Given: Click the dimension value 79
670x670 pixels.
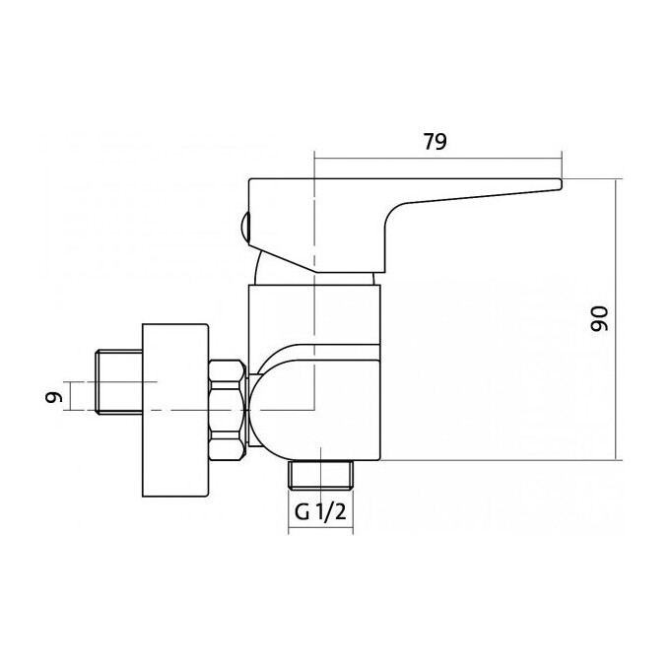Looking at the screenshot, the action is click(435, 142).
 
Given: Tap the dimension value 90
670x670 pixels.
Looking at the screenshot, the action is click(599, 319).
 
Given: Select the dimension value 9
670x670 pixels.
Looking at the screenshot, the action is click(54, 398).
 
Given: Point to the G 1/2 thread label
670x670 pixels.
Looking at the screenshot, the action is click(320, 512).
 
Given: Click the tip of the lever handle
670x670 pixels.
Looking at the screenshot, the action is click(561, 183).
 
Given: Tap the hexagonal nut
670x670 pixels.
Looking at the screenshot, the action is click(228, 410).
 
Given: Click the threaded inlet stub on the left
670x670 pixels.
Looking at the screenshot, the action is click(119, 381).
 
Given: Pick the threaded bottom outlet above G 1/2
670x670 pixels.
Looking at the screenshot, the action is click(321, 475).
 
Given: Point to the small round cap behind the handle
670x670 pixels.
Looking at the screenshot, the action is click(244, 227).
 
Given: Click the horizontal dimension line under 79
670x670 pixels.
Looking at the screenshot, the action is click(438, 159).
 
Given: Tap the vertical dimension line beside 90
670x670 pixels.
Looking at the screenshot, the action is click(616, 319).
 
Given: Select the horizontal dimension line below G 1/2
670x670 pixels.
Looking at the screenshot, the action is click(320, 531).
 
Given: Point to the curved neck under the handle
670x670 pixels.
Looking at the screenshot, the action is click(261, 269).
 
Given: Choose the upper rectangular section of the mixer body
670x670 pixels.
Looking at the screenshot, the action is click(314, 315).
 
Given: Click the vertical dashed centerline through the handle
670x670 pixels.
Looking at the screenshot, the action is click(314, 281).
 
